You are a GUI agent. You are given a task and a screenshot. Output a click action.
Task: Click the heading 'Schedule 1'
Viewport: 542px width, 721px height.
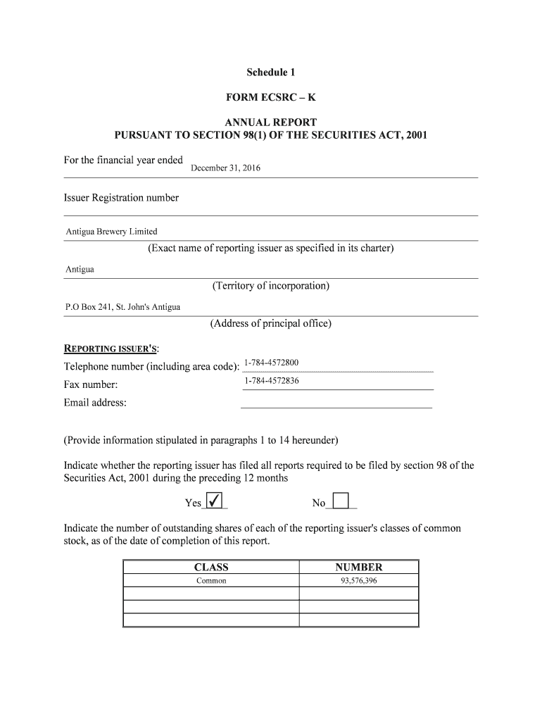pos(271,73)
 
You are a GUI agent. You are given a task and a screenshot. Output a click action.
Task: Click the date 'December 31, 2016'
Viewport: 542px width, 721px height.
pos(225,168)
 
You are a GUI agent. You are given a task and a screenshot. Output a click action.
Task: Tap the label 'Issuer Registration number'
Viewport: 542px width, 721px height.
pos(121,198)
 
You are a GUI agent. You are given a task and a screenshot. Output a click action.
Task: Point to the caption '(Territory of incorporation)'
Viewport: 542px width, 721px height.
pos(271,286)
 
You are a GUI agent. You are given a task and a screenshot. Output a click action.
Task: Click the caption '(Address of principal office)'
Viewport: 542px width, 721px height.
pos(271,324)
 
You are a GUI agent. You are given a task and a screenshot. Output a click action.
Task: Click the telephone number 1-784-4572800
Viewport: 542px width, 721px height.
pos(271,363)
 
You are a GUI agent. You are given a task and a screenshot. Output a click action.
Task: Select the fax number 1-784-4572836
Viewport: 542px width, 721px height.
pos(271,381)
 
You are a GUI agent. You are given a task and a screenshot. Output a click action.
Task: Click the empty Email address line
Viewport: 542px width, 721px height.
pos(336,403)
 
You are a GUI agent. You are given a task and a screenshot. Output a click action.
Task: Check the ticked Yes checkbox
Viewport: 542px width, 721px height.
pos(215,501)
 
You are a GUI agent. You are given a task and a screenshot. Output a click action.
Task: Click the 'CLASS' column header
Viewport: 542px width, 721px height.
pos(211,567)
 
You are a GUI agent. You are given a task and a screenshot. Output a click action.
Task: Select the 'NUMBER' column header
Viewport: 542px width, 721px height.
pos(359,567)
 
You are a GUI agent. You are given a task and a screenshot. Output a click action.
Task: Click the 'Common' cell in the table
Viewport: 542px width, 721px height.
pos(211,581)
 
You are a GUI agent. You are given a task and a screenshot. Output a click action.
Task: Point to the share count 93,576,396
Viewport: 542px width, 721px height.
pos(359,581)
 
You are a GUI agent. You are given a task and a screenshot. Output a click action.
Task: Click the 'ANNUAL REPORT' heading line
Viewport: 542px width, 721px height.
pos(271,122)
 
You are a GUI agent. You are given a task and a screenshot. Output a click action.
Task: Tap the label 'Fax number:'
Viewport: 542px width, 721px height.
pos(91,385)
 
